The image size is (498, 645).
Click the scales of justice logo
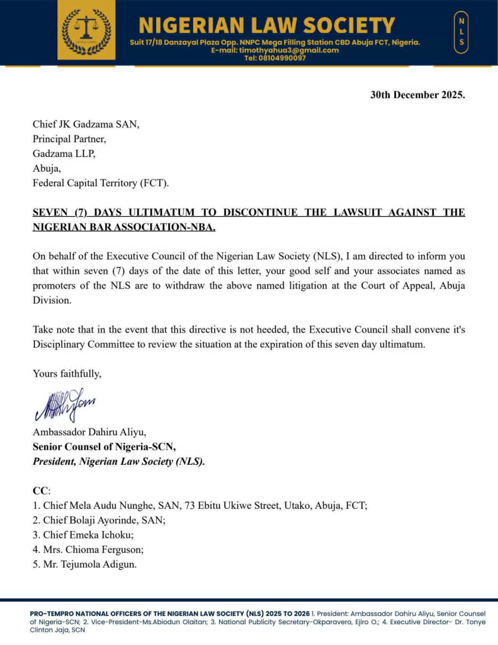(x=86, y=30)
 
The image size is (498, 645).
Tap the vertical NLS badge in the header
(x=461, y=31)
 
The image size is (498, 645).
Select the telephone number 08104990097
(x=275, y=58)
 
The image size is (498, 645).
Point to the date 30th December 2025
(x=417, y=96)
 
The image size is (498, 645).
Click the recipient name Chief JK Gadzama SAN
(x=86, y=124)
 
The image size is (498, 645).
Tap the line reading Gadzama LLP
(x=64, y=154)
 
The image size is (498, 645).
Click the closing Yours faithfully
(x=67, y=374)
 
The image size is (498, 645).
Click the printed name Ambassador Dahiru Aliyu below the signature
(x=89, y=432)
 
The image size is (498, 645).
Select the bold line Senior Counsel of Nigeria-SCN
(x=105, y=447)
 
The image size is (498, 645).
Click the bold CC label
(x=41, y=490)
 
